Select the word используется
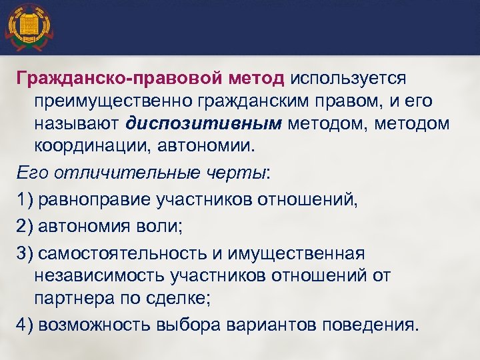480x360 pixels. pos(348,79)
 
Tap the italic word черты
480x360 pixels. pos(234,173)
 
